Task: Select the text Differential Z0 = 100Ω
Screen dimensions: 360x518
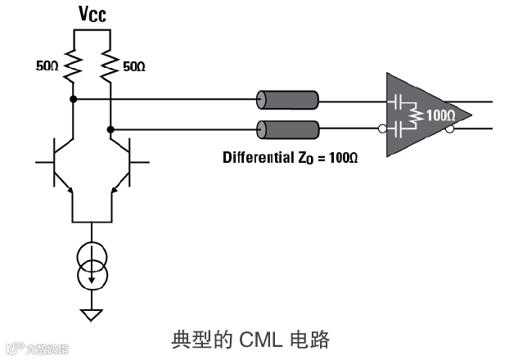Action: tap(291, 155)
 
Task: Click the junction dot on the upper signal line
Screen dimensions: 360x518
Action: tap(74, 99)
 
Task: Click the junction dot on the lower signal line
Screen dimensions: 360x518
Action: tap(110, 128)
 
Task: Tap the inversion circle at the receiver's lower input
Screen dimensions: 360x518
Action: tap(383, 128)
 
